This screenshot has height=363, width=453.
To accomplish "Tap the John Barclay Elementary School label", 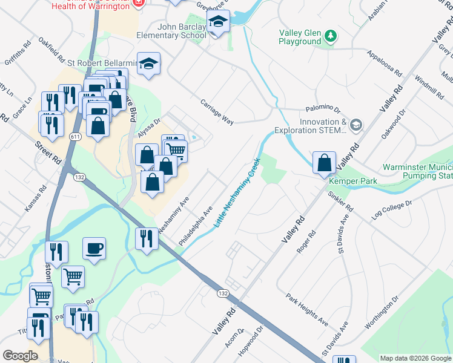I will (x=182, y=31).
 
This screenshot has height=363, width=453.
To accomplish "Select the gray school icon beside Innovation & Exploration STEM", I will (x=357, y=125).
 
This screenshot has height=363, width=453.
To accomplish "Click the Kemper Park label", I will (x=352, y=181).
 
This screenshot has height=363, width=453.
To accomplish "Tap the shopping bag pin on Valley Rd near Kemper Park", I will (x=325, y=163).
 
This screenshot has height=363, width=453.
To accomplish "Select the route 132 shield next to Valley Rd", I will (x=223, y=293).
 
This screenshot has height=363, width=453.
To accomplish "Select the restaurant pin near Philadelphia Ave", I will (x=148, y=239).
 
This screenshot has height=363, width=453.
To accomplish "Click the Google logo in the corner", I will (x=21, y=355).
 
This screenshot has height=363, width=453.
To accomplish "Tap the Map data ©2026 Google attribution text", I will (x=415, y=358).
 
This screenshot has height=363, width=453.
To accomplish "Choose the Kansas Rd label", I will (x=35, y=200).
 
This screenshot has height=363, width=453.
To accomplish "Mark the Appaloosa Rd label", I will (x=384, y=62).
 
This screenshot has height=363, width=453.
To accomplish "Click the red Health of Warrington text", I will (x=90, y=6).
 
